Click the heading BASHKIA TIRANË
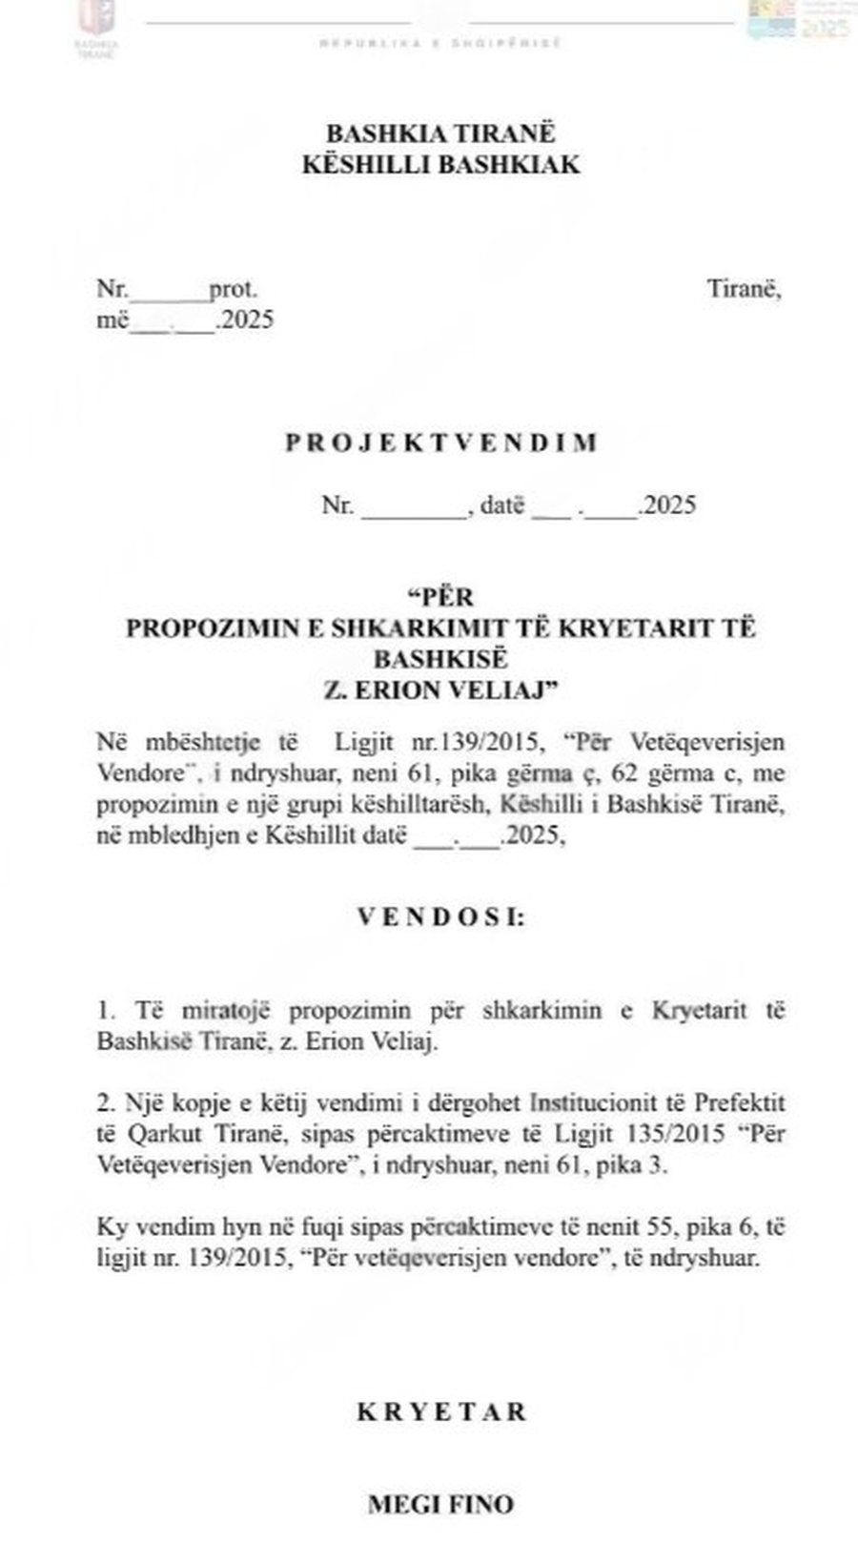(440, 132)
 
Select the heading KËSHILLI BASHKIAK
(440, 164)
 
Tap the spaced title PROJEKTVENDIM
(441, 442)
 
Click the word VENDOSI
(440, 917)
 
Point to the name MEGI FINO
(440, 1504)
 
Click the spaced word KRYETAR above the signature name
(441, 1411)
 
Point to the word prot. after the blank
(234, 288)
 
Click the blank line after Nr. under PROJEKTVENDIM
(412, 507)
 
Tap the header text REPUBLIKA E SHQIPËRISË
(440, 43)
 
